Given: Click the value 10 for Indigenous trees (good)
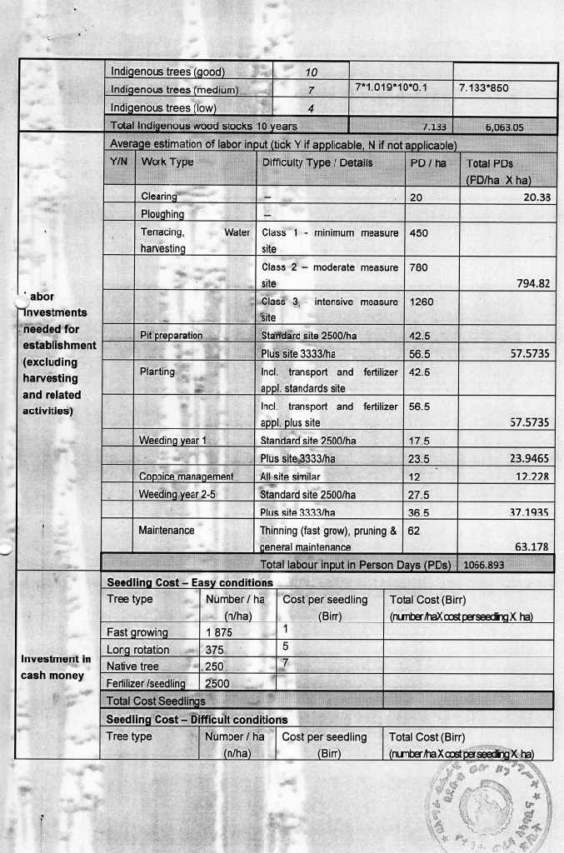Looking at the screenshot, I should [x=309, y=72].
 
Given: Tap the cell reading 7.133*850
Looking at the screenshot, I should [x=484, y=87].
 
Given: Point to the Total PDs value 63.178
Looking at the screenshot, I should [x=533, y=546].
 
